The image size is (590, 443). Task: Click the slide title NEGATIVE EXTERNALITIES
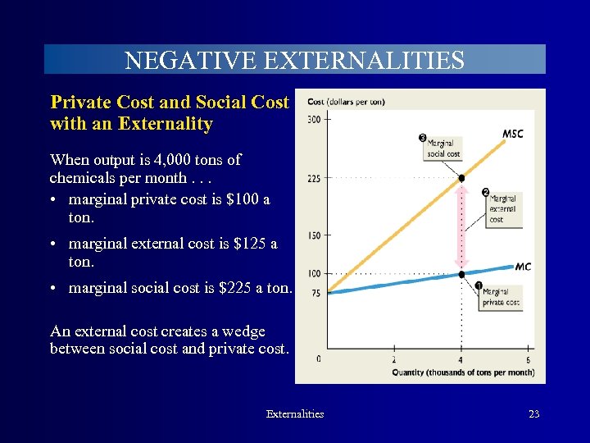(x=294, y=60)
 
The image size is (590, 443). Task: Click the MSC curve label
(x=512, y=134)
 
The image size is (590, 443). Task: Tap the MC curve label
(x=523, y=267)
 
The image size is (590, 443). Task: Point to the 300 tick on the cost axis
(x=314, y=120)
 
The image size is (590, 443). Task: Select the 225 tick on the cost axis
(x=314, y=178)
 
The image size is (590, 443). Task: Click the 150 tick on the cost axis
(x=314, y=235)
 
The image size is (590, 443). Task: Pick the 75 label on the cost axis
(x=315, y=293)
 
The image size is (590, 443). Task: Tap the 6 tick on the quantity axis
(x=527, y=359)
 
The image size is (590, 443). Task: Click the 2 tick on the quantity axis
(x=393, y=359)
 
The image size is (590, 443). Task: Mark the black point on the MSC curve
(x=461, y=178)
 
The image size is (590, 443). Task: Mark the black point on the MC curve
(x=461, y=274)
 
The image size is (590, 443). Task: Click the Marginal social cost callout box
(x=443, y=148)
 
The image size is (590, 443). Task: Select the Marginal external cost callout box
(x=503, y=209)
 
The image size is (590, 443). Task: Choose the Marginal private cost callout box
(x=501, y=296)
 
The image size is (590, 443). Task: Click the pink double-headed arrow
(x=461, y=226)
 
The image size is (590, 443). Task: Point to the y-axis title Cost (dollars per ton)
(x=346, y=102)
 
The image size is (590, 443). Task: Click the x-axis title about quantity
(x=463, y=372)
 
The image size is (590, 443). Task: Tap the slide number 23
(x=533, y=414)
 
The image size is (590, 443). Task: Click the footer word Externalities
(x=295, y=414)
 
